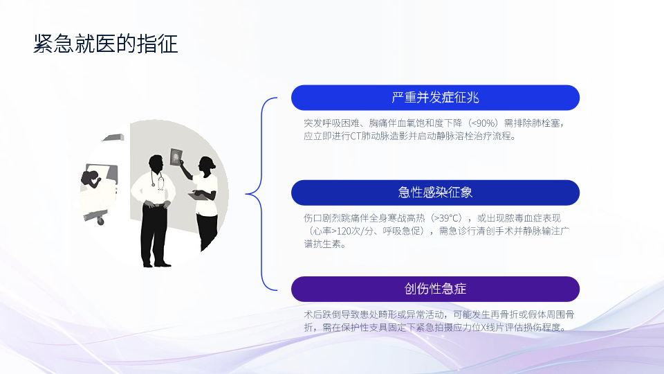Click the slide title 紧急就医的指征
pos(105,44)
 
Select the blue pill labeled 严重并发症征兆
pos(435,98)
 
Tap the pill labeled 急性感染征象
pos(435,193)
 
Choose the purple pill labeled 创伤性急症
pos(435,289)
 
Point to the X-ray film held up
pos(176,157)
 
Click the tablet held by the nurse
pos(196,195)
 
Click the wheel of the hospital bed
pos(101,220)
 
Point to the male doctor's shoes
pos(157,265)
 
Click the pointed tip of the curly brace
pos(246,194)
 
